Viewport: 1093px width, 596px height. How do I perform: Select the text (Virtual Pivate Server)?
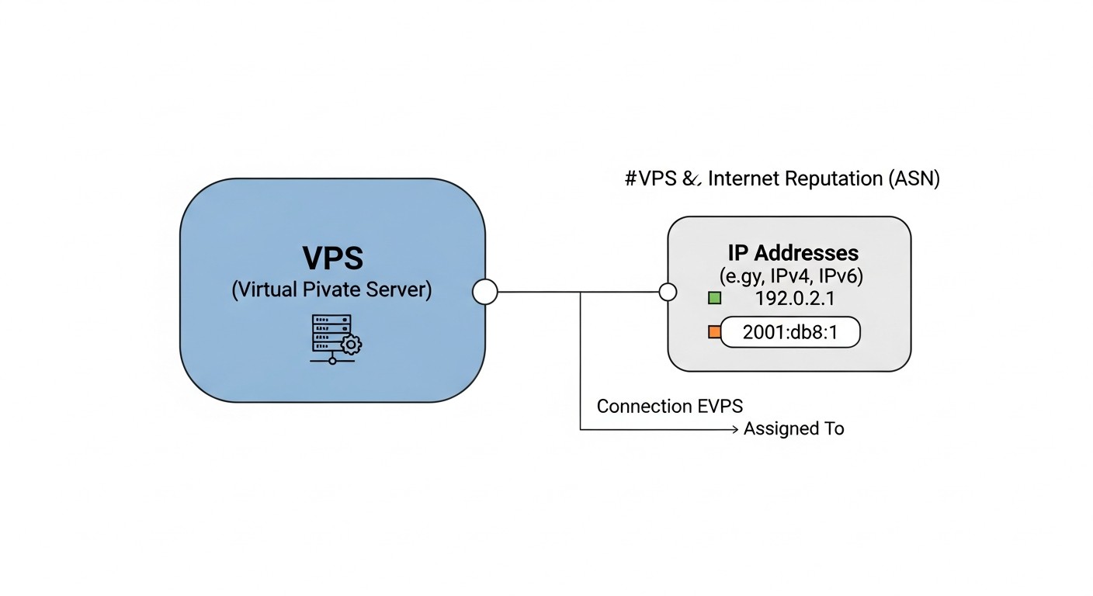point(331,290)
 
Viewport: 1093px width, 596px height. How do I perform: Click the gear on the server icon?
point(351,344)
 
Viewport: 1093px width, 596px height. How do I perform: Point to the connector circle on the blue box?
point(485,292)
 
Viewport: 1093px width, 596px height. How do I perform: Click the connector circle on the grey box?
point(668,292)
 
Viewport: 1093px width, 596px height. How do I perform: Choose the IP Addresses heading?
point(793,252)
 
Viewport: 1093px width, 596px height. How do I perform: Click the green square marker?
point(715,298)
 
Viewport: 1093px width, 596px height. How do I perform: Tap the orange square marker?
point(714,332)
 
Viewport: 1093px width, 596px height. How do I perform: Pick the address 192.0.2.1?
point(793,299)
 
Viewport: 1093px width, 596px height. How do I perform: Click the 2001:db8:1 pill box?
point(790,332)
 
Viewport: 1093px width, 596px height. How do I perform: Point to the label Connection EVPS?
point(669,406)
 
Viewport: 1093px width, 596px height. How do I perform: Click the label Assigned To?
point(793,428)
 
